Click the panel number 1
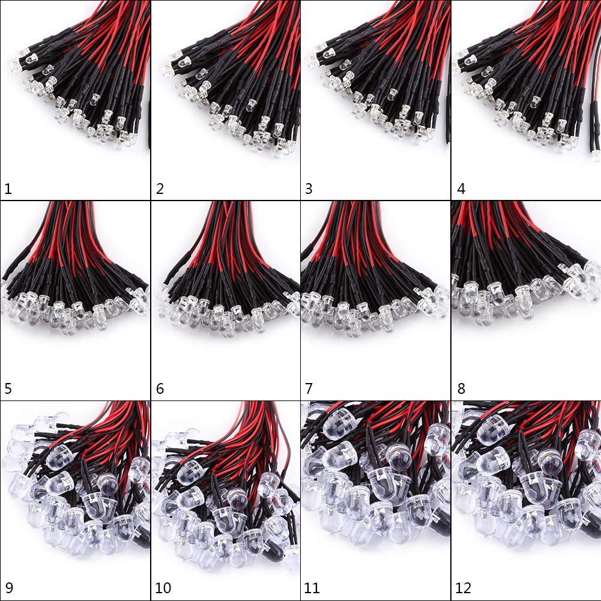pyautogui.click(x=8, y=189)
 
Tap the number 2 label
pyautogui.click(x=160, y=189)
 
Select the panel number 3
pyautogui.click(x=309, y=189)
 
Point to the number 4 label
pyautogui.click(x=461, y=189)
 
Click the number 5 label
pyautogui.click(x=8, y=388)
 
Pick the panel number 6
pyautogui.click(x=160, y=388)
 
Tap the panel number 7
pyautogui.click(x=309, y=388)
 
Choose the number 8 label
pyautogui.click(x=461, y=388)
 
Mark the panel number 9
pyautogui.click(x=8, y=588)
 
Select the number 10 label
pyautogui.click(x=163, y=588)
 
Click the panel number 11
pyautogui.click(x=312, y=588)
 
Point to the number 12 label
pyautogui.click(x=464, y=588)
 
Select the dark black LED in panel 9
pyautogui.click(x=142, y=539)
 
